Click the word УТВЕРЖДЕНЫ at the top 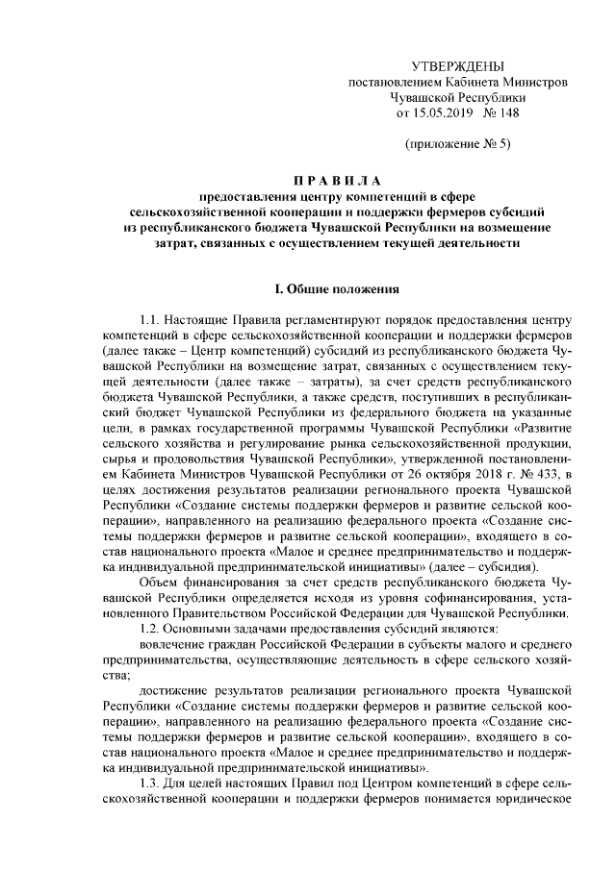[x=457, y=65]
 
